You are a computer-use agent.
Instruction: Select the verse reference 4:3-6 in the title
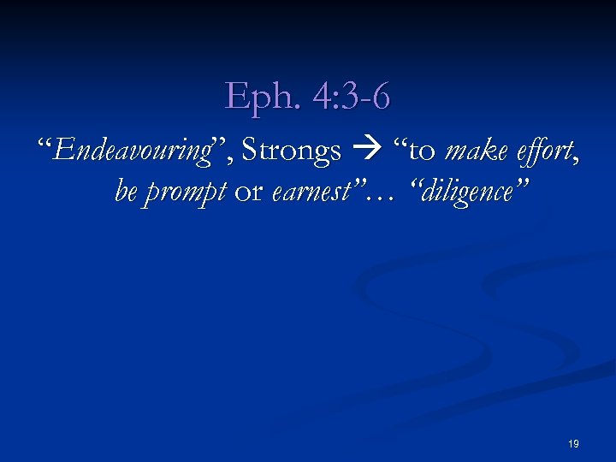pos(352,96)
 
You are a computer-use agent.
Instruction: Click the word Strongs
pos(291,151)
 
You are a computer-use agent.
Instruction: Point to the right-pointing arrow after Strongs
pos(363,152)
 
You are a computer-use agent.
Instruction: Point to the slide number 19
pos(573,444)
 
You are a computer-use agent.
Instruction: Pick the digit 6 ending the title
pos(382,96)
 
